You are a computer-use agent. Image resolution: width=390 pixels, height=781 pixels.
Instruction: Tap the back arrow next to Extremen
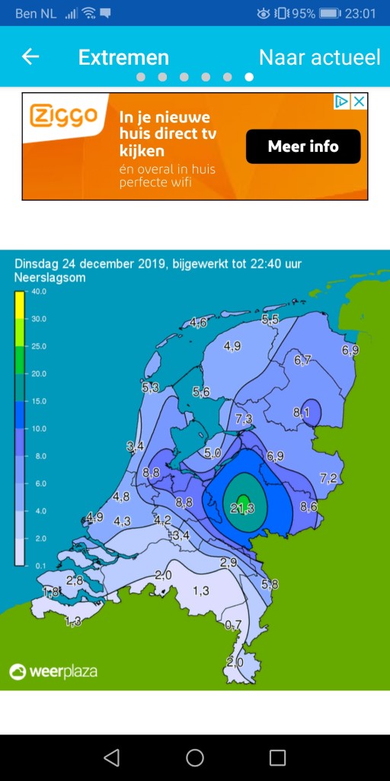[x=30, y=57]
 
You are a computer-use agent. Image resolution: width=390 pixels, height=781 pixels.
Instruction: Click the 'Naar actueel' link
[x=319, y=57]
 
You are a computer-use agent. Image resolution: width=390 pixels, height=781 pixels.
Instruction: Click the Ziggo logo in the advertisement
[x=64, y=117]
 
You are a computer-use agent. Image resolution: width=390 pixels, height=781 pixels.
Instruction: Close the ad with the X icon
[x=359, y=101]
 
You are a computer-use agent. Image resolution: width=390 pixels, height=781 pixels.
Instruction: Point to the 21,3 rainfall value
[x=242, y=508]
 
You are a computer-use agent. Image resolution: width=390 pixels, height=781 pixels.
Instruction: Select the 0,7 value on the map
[x=233, y=625]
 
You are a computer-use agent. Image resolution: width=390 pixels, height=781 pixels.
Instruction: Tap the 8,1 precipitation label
[x=302, y=413]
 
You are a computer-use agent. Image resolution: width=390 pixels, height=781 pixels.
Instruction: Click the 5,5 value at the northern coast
[x=270, y=320]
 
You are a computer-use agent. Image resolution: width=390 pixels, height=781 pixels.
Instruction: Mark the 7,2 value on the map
[x=328, y=478]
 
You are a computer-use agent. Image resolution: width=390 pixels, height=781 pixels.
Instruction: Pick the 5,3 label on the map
[x=150, y=388]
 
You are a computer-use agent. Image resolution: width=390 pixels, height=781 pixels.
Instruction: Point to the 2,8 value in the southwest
[x=75, y=580]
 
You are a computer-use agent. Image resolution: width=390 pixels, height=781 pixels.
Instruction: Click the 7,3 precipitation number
[x=244, y=419]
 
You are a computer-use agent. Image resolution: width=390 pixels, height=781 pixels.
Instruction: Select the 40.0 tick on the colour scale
[x=38, y=291]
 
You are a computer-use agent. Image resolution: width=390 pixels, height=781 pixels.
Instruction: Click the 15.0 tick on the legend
[x=38, y=401]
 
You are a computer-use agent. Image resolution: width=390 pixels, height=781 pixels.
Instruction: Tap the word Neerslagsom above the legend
[x=50, y=278]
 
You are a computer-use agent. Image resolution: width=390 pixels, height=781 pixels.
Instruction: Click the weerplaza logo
[x=53, y=672]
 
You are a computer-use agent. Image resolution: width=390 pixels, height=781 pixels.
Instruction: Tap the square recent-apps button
[x=278, y=757]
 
